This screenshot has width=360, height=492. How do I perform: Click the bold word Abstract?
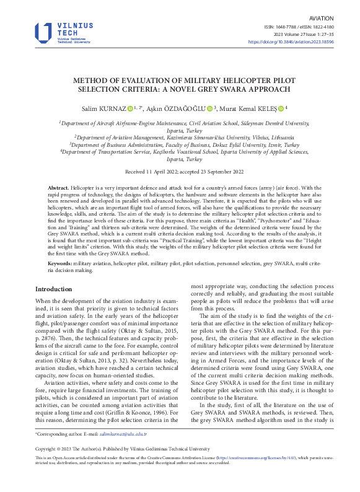58,187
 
